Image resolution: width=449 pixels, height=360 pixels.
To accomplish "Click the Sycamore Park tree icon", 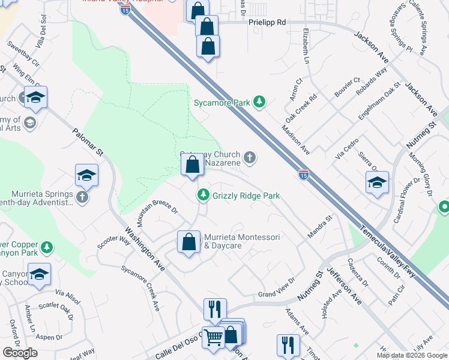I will [x=259, y=102].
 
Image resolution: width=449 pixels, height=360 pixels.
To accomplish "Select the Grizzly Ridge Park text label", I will [x=246, y=196].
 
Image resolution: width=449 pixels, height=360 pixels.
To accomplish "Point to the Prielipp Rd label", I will [x=267, y=22].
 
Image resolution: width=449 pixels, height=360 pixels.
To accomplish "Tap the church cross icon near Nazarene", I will [x=250, y=158].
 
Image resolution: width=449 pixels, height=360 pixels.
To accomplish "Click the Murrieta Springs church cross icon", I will [x=82, y=196].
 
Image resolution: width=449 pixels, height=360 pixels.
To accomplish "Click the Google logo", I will [x=20, y=353].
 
